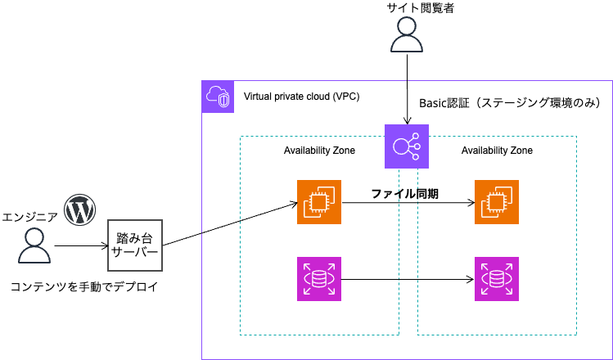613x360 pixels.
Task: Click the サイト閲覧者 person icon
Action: coord(407,37)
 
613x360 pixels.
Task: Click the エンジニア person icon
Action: coord(34,245)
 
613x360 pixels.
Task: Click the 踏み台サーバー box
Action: coord(135,245)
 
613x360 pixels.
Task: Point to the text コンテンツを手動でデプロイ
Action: coord(83,287)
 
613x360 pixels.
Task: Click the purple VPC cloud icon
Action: coord(218,97)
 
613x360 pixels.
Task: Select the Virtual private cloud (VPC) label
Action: coord(301,97)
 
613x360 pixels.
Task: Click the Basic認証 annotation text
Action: coord(510,104)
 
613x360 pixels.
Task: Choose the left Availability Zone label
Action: coord(319,151)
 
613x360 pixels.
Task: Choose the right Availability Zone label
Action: coord(497,151)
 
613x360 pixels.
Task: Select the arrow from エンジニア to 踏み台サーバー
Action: coord(81,245)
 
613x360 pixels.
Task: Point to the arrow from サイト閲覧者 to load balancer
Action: coord(407,90)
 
